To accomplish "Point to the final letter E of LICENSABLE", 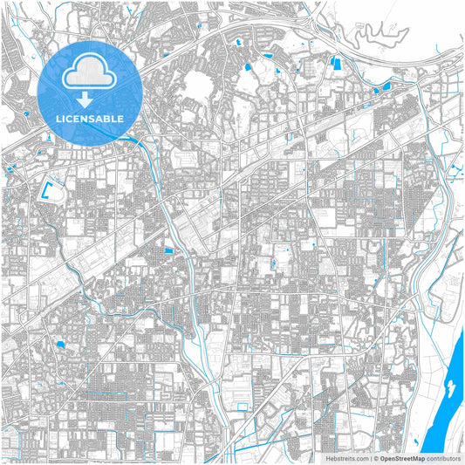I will pos(120,117).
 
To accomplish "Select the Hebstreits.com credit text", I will pos(345,458).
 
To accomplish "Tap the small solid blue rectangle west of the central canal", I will pos(168,252).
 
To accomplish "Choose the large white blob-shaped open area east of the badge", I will pos(199,85).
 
